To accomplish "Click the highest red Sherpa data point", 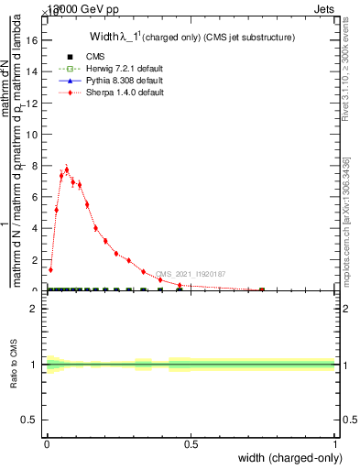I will (x=67, y=169).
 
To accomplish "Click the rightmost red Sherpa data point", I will (x=262, y=289).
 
